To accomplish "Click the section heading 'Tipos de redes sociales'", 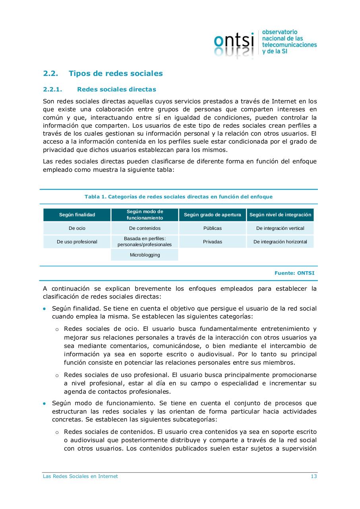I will (x=116, y=74).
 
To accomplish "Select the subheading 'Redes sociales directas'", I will (x=116, y=89).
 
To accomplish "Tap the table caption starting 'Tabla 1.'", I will (x=178, y=197).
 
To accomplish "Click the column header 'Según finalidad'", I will (x=77, y=215).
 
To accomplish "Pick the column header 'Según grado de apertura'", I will (x=213, y=215).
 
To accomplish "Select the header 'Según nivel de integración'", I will (x=280, y=215).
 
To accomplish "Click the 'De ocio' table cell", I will (x=77, y=228).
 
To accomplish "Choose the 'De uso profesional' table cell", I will (x=77, y=242).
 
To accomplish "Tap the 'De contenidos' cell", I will (x=145, y=228).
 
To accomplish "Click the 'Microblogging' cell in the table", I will (x=145, y=255).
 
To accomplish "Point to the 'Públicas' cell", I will (x=213, y=228).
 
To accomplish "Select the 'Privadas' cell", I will (x=213, y=242).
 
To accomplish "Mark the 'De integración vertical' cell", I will (x=280, y=228).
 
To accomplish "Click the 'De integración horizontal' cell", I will (x=280, y=242).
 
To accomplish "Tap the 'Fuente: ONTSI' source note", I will (x=294, y=273).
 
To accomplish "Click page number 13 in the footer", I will (x=314, y=476).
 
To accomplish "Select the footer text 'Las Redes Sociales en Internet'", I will (x=80, y=476).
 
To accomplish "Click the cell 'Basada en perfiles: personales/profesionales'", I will (x=145, y=242).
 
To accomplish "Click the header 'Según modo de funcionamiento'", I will (x=145, y=215).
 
